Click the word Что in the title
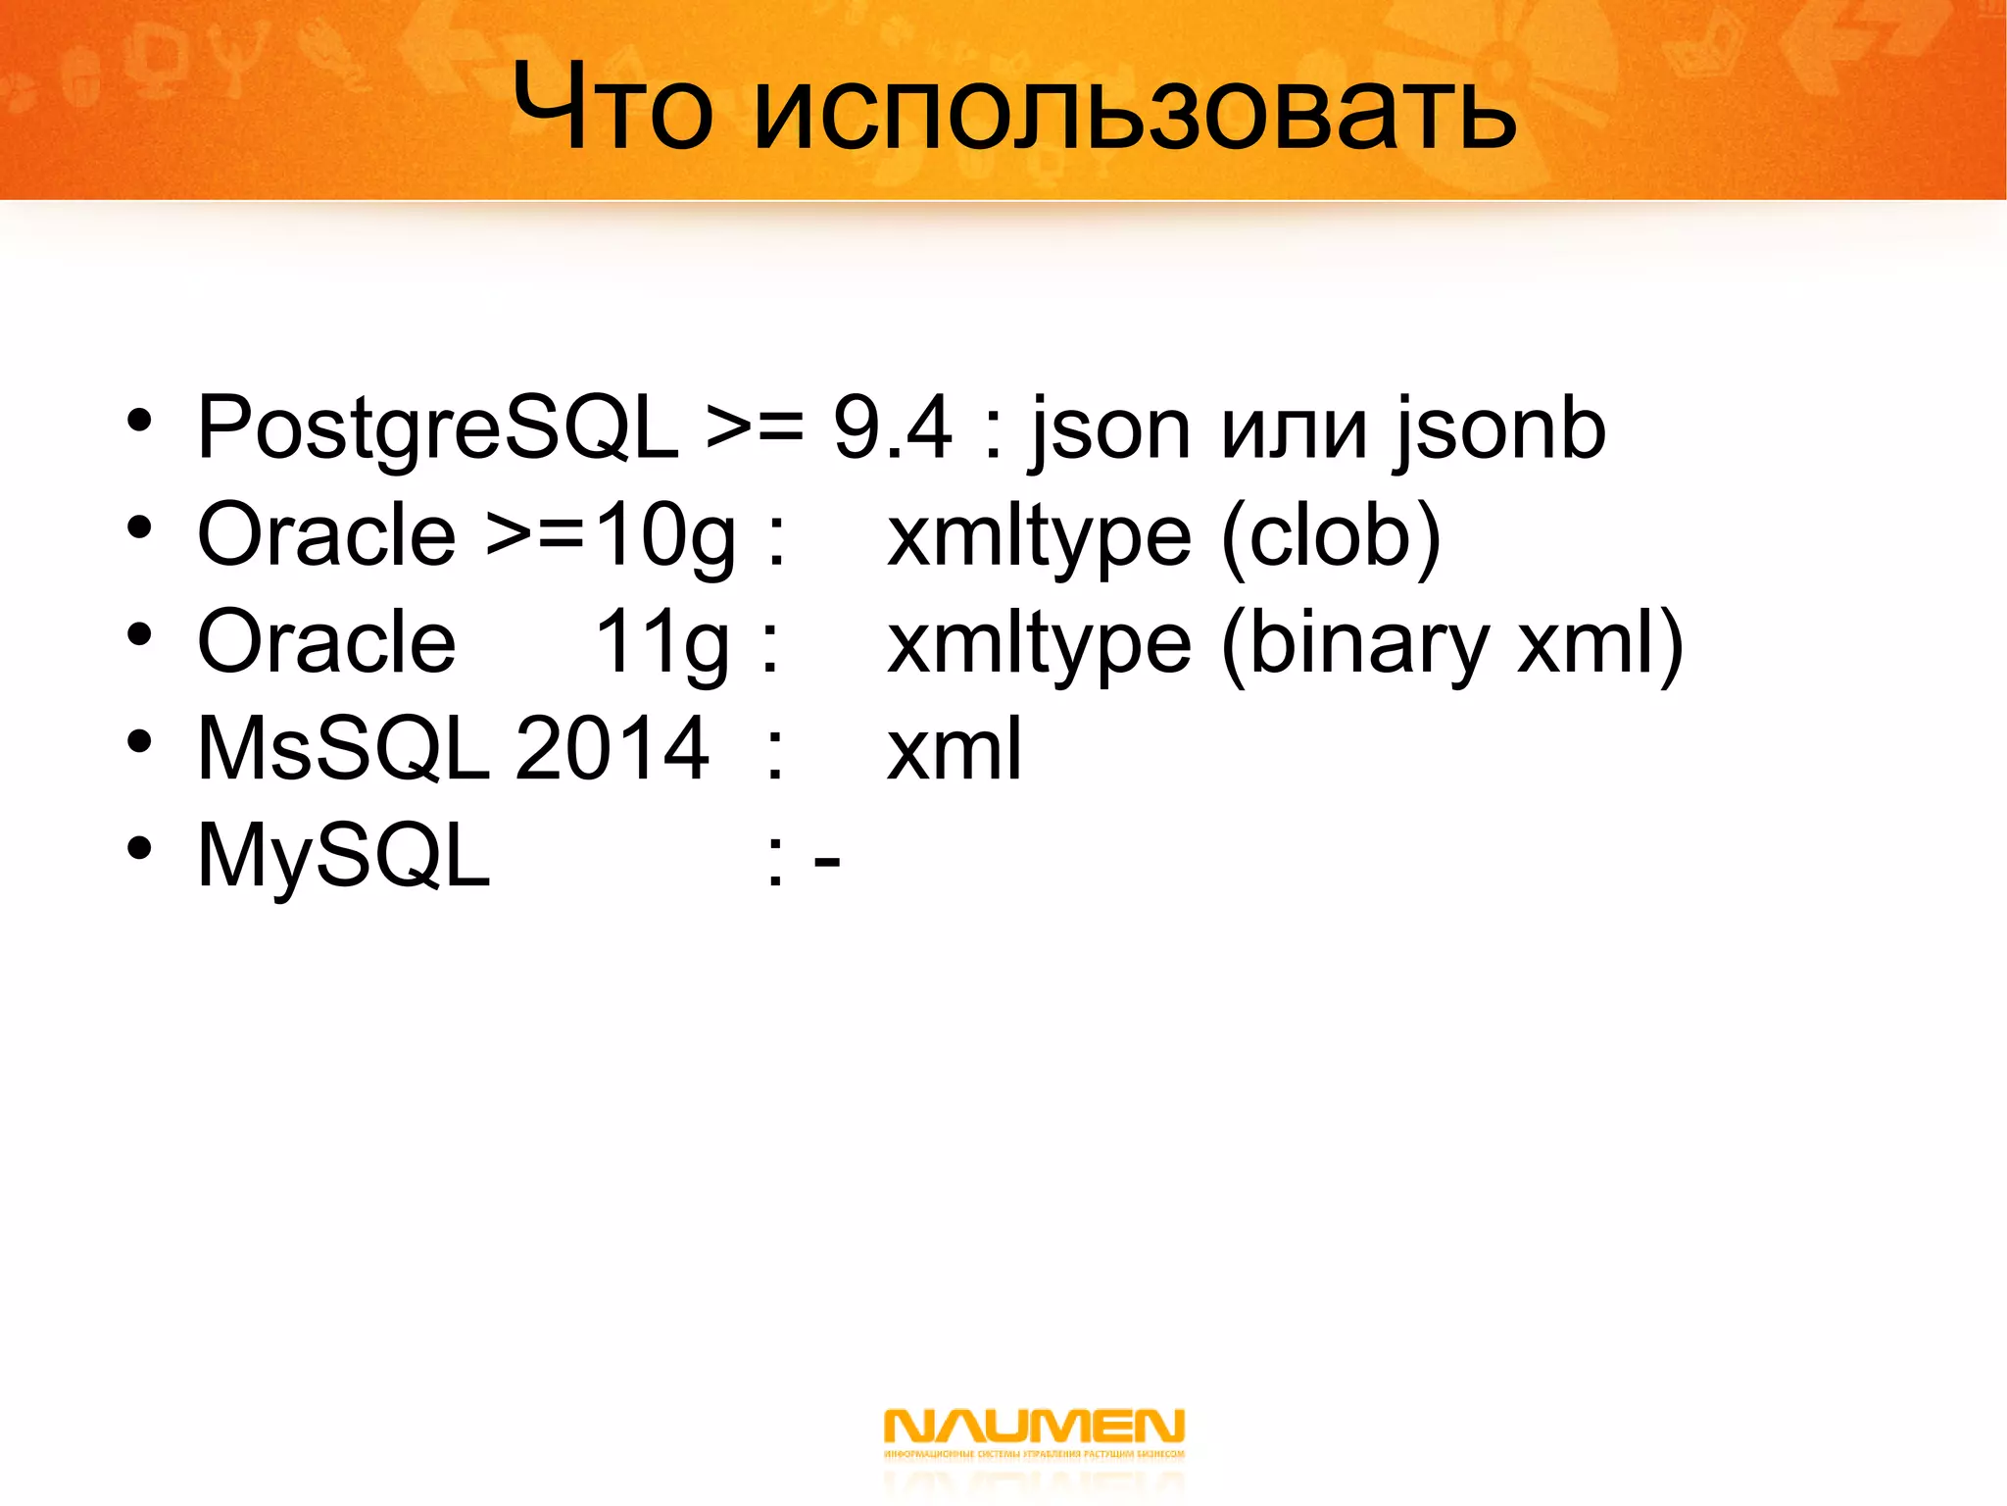point(612,106)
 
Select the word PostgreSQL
point(437,427)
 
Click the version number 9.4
point(892,427)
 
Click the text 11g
point(661,644)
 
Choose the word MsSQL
point(343,749)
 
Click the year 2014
point(612,749)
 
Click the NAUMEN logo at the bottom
point(1034,1433)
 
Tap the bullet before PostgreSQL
point(139,422)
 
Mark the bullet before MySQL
point(139,848)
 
